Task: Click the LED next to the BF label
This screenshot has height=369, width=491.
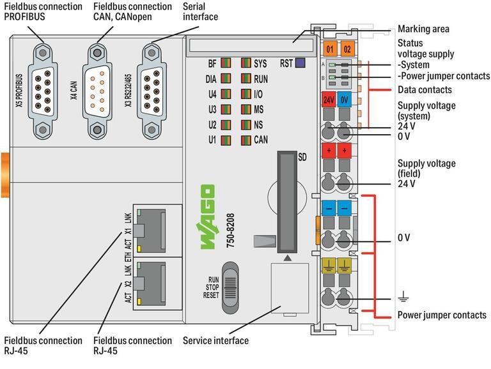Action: tap(226, 63)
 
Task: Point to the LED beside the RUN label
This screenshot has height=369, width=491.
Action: tap(246, 79)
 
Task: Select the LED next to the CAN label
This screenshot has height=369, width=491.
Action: tap(246, 139)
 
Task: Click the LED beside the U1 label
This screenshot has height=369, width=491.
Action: tap(226, 139)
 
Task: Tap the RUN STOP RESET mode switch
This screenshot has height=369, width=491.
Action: tap(234, 287)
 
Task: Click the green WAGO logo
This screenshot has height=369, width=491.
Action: tap(207, 216)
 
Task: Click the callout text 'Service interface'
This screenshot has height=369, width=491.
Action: tap(215, 340)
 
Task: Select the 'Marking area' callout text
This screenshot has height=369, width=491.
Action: tap(423, 29)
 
